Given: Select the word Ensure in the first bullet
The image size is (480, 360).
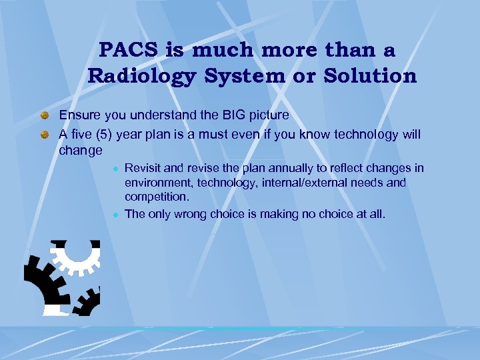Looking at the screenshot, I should pos(78,115).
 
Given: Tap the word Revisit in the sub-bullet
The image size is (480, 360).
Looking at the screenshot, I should pos(143,168).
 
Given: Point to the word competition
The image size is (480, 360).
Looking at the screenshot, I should pos(157,197).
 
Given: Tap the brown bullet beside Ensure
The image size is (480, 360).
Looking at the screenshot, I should pos(45,116).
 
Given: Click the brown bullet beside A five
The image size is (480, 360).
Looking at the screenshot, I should pos(45,135).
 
